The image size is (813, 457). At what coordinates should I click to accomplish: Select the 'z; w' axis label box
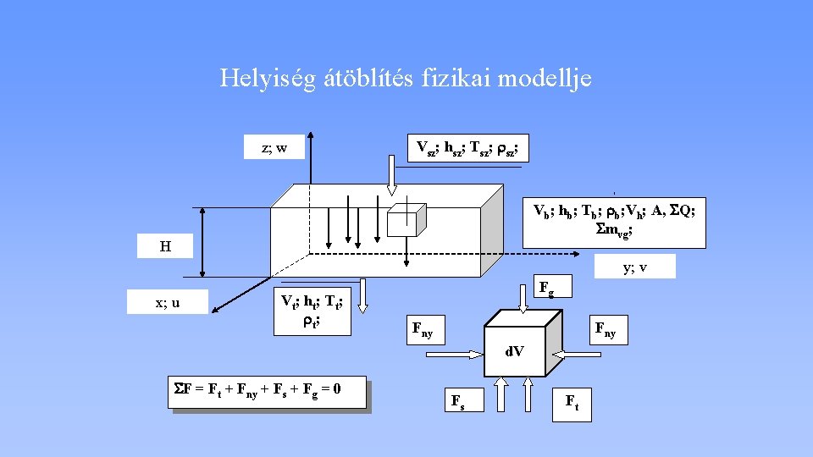[x=274, y=148]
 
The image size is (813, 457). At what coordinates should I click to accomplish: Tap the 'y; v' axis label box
[x=635, y=267]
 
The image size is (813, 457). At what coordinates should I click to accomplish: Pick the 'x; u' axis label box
[x=167, y=301]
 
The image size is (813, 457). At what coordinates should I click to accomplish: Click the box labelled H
[x=166, y=246]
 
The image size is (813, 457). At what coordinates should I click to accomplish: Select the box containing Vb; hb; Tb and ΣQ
[x=614, y=218]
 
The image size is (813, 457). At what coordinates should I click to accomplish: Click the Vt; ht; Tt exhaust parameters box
[x=311, y=307]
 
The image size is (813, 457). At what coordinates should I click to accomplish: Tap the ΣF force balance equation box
[x=268, y=392]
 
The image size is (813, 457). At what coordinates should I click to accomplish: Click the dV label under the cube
[x=514, y=349]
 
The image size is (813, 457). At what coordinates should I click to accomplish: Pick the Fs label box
[x=457, y=401]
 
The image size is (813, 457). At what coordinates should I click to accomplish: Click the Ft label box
[x=572, y=403]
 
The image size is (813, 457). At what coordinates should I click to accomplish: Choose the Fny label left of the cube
[x=422, y=328]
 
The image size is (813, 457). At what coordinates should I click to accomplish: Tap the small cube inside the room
[x=403, y=220]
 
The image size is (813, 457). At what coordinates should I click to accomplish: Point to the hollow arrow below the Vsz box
[x=392, y=175]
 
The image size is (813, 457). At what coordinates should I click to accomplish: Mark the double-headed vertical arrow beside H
[x=203, y=242]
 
